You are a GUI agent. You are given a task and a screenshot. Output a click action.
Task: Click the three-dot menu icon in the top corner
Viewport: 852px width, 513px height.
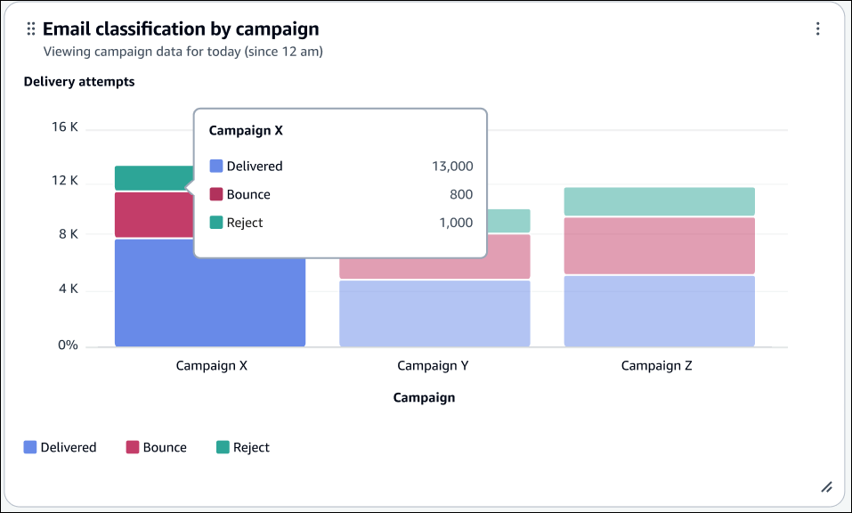817,29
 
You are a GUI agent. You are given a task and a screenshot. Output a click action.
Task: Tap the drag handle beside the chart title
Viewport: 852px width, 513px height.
31,29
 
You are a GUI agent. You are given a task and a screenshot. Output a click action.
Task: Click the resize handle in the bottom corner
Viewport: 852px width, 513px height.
825,486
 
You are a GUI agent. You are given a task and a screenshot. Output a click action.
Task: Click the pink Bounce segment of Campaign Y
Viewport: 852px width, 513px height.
434,257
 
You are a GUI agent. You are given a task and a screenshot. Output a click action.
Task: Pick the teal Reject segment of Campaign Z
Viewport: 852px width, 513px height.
659,201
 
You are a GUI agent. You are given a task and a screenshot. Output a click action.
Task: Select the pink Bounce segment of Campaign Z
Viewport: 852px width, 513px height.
659,245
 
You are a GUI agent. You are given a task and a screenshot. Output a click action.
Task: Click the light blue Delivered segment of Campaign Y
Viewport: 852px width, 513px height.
434,313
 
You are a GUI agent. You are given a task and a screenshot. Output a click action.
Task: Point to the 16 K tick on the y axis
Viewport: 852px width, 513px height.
65,127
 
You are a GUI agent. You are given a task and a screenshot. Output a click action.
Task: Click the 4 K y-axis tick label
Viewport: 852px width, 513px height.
68,289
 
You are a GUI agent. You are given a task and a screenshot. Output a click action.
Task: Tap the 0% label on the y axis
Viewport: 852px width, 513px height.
69,345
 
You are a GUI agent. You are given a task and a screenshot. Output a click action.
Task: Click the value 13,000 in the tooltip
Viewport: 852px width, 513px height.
453,167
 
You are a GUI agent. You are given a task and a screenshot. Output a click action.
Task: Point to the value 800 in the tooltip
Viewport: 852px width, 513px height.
461,195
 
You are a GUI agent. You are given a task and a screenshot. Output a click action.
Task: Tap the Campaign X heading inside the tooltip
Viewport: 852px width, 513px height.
246,130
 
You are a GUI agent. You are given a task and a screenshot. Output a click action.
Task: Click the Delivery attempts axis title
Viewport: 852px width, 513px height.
79,82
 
